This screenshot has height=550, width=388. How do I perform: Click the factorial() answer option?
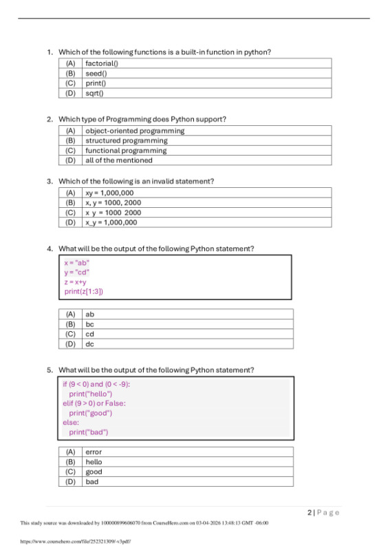[101, 63]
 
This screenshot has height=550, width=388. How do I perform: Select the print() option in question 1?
[95, 83]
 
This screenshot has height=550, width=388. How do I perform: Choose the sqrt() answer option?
[94, 93]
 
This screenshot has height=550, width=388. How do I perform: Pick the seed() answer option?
[95, 73]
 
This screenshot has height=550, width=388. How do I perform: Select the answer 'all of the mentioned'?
[118, 160]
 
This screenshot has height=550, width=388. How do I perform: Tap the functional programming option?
[125, 150]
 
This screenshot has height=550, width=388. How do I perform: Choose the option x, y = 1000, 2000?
[113, 203]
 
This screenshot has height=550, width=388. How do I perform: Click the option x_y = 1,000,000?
[111, 222]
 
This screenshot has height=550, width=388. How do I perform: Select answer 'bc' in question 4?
[89, 324]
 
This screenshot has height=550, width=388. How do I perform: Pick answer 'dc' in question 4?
[89, 343]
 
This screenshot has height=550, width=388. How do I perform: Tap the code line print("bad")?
[88, 432]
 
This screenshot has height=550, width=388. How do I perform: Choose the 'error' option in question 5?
[94, 452]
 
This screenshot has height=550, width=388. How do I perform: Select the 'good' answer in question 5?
[94, 472]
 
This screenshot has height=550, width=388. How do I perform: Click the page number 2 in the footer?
[310, 512]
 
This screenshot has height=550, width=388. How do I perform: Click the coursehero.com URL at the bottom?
[76, 541]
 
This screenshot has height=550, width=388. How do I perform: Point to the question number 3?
[50, 181]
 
